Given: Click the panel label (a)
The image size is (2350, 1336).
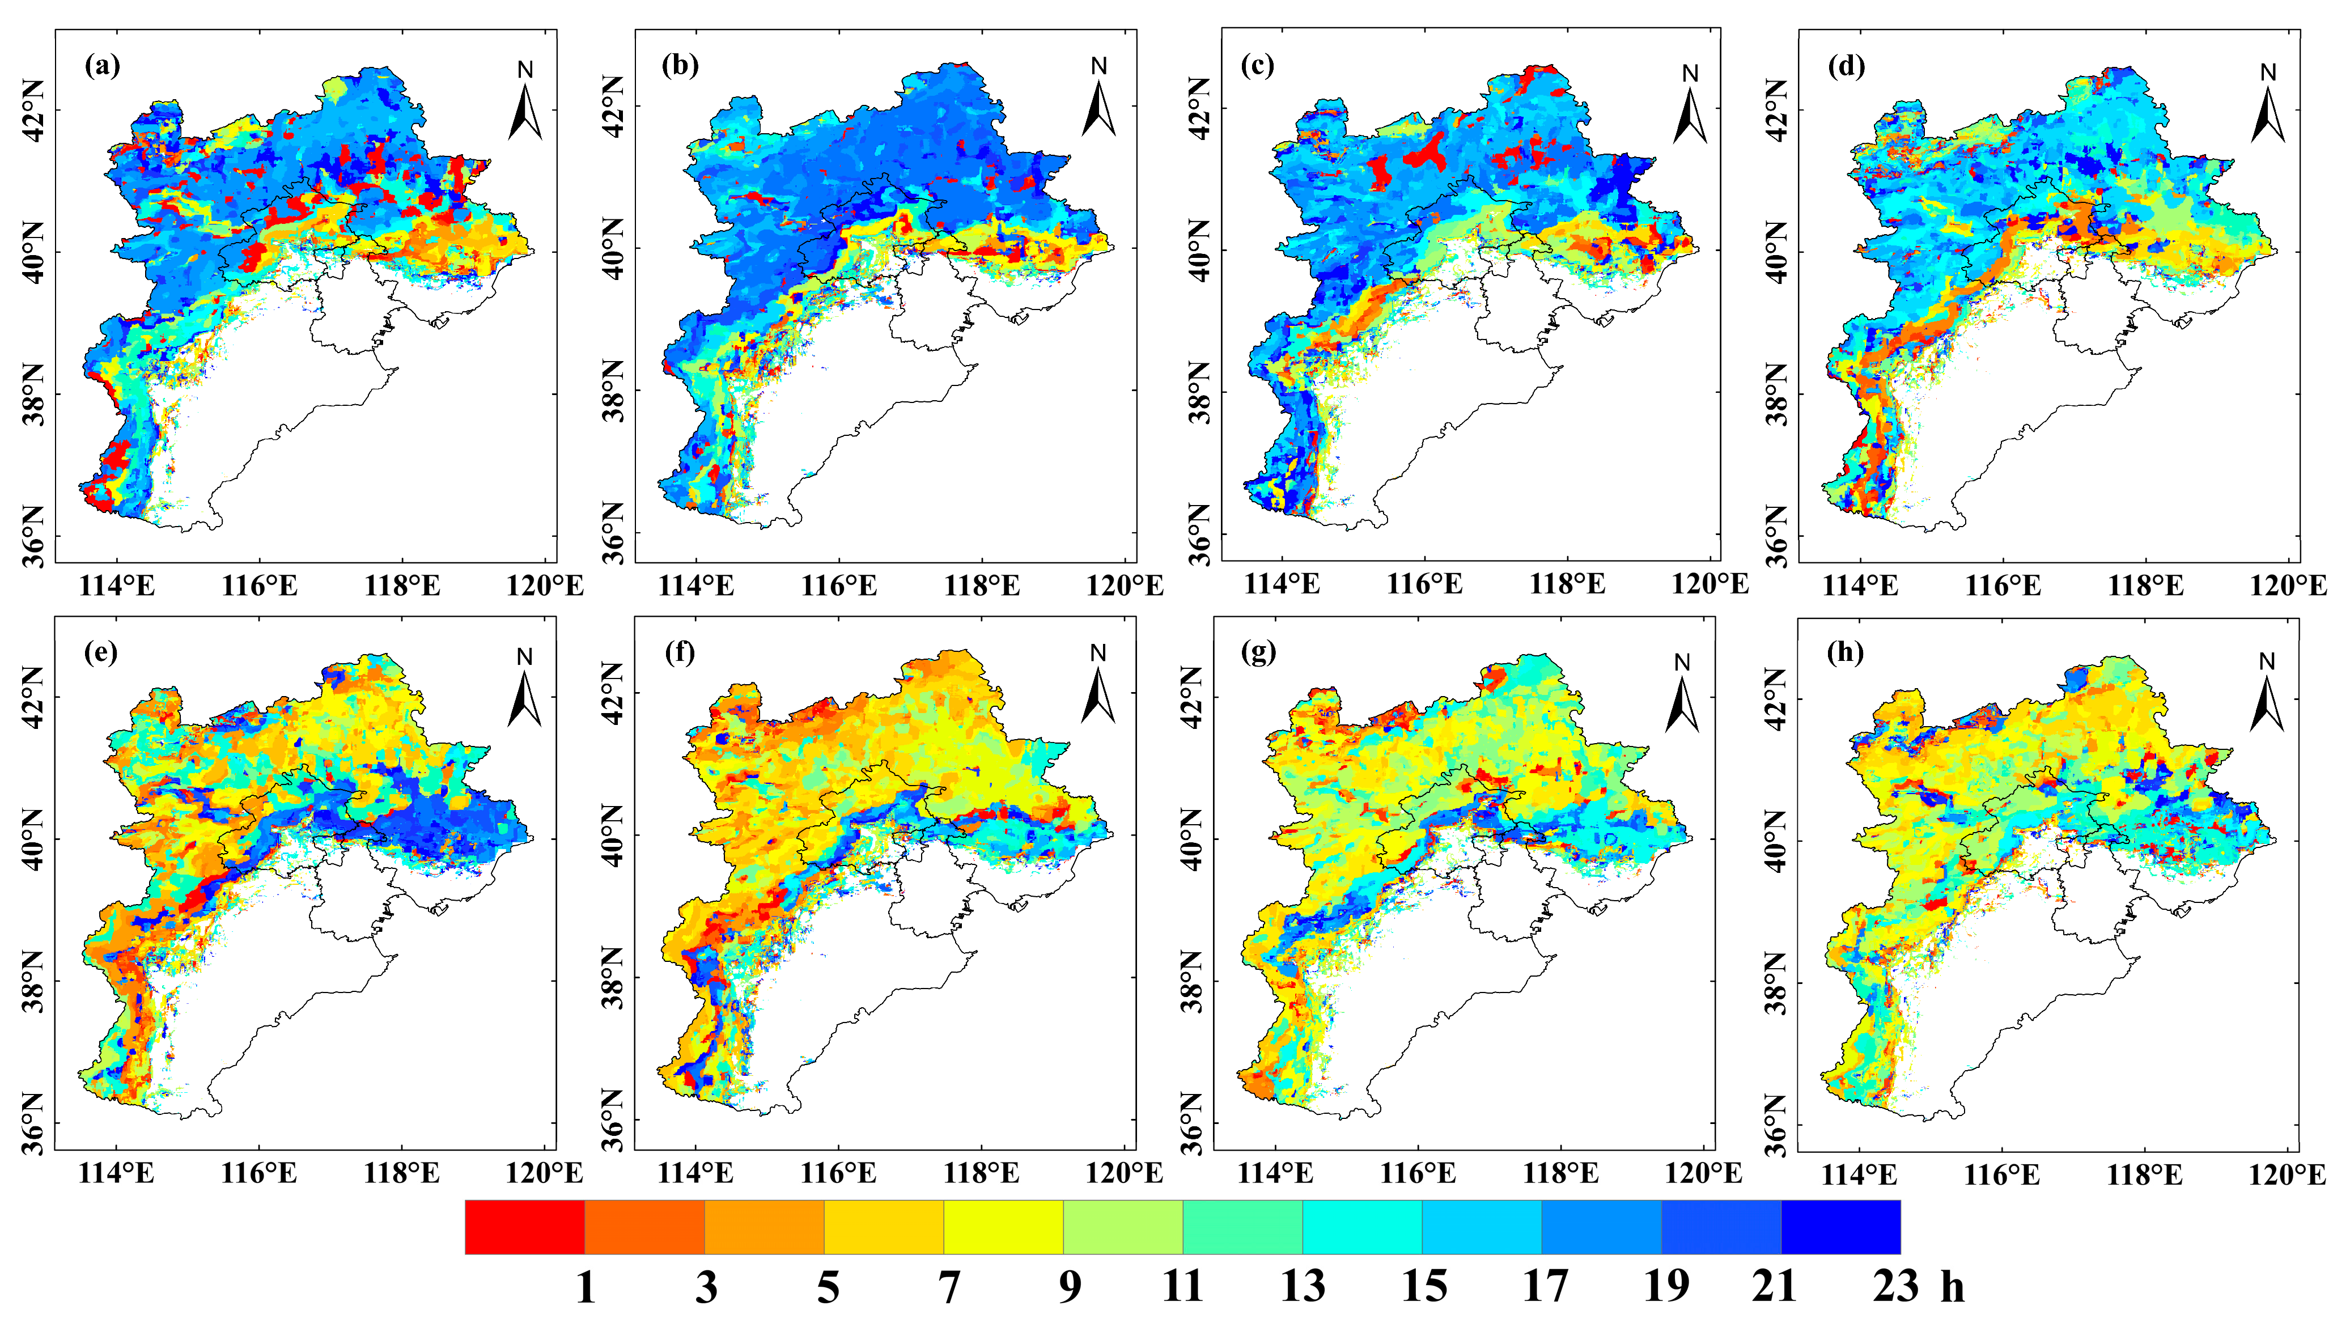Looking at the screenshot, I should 102,66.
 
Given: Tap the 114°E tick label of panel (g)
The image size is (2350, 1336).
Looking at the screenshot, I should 1275,1173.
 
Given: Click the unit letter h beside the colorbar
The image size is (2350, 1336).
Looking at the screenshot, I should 1952,1287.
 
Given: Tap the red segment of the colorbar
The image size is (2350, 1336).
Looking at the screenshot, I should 525,1227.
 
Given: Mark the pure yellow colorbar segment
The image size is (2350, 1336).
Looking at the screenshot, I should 1003,1227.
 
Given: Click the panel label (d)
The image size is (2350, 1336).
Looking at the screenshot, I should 1846,66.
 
